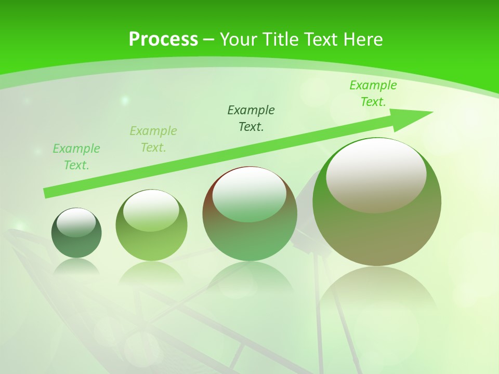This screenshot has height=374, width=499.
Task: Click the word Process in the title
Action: pyautogui.click(x=163, y=39)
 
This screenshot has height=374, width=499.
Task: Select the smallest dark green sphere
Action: pyautogui.click(x=76, y=244)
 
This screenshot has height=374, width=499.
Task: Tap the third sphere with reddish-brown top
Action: pyautogui.click(x=249, y=234)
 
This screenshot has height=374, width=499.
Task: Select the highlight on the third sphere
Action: pyautogui.click(x=249, y=194)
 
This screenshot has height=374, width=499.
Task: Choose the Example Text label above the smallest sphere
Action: pyautogui.click(x=76, y=157)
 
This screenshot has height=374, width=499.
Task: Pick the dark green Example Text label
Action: pyautogui.click(x=251, y=118)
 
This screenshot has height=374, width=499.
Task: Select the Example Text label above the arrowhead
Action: pyautogui.click(x=373, y=94)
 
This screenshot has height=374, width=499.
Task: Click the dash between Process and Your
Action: pyautogui.click(x=209, y=39)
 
